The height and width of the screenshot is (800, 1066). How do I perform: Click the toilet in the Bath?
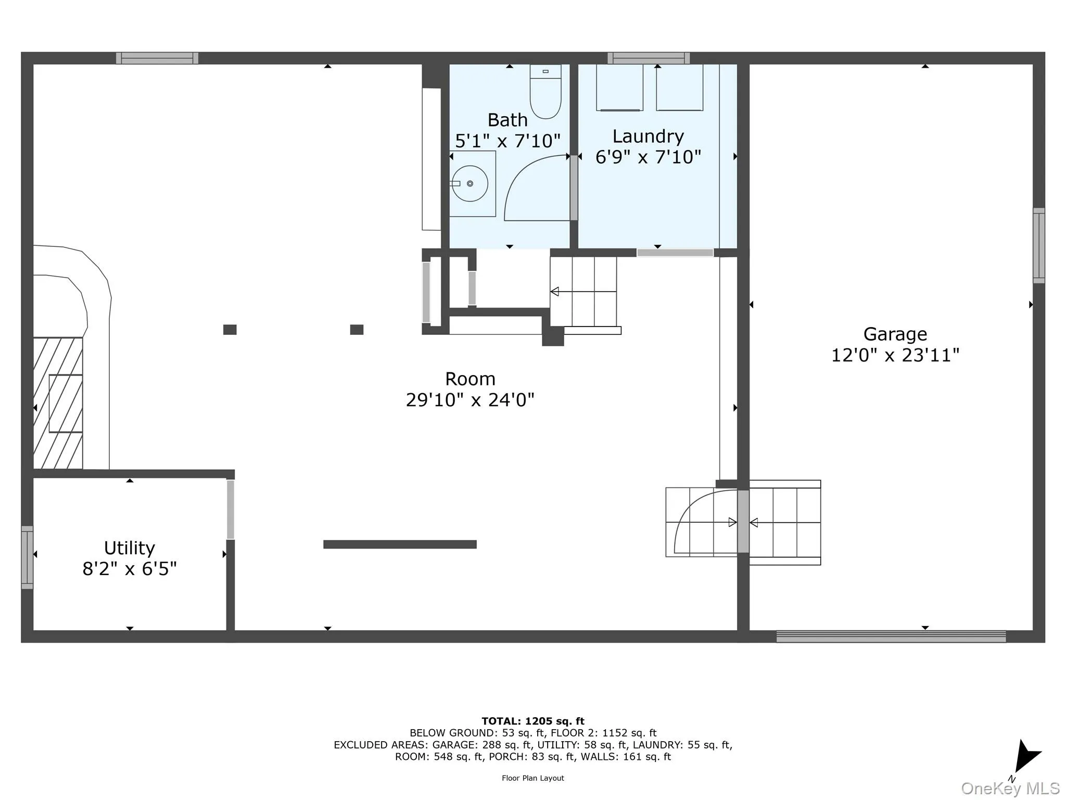click(545, 92)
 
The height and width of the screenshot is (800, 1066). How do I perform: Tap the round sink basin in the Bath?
click(469, 183)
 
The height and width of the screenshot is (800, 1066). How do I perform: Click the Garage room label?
click(895, 334)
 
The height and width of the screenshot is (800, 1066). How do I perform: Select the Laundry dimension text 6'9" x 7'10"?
click(648, 157)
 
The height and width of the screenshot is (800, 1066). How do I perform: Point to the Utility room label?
click(129, 548)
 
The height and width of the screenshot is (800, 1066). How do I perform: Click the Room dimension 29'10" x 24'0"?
click(469, 400)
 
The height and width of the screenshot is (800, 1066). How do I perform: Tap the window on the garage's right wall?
click(1038, 245)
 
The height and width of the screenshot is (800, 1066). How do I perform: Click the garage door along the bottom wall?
click(891, 636)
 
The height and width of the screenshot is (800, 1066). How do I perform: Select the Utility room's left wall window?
click(27, 557)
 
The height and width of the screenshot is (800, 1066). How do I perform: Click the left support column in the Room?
click(230, 330)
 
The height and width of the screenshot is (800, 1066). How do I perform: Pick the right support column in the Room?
click(357, 330)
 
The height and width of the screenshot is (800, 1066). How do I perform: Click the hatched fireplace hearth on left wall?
click(58, 403)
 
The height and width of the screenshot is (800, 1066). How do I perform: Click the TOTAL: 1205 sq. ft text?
click(532, 721)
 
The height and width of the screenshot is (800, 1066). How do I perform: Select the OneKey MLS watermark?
click(1010, 789)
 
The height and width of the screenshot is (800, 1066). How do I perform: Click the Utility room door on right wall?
click(230, 509)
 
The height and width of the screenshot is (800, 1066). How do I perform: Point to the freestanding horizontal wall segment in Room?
click(400, 544)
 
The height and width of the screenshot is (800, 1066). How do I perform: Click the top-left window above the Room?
click(157, 58)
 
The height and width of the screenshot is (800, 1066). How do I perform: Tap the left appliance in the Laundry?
click(619, 87)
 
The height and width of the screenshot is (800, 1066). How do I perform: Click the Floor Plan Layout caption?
click(532, 778)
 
